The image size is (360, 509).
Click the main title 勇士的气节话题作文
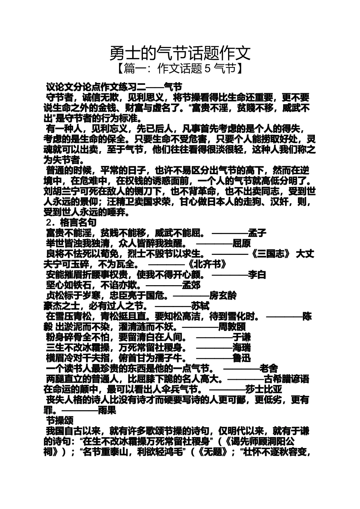click(x=180, y=53)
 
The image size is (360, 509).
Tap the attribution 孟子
click(x=257, y=233)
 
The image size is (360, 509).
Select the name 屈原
click(x=241, y=243)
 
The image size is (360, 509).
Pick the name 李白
click(x=257, y=274)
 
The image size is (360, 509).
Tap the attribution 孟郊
click(x=191, y=284)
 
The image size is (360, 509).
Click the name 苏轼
click(x=200, y=305)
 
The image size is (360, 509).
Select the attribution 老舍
click(x=269, y=368)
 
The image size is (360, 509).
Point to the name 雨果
click(x=107, y=409)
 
